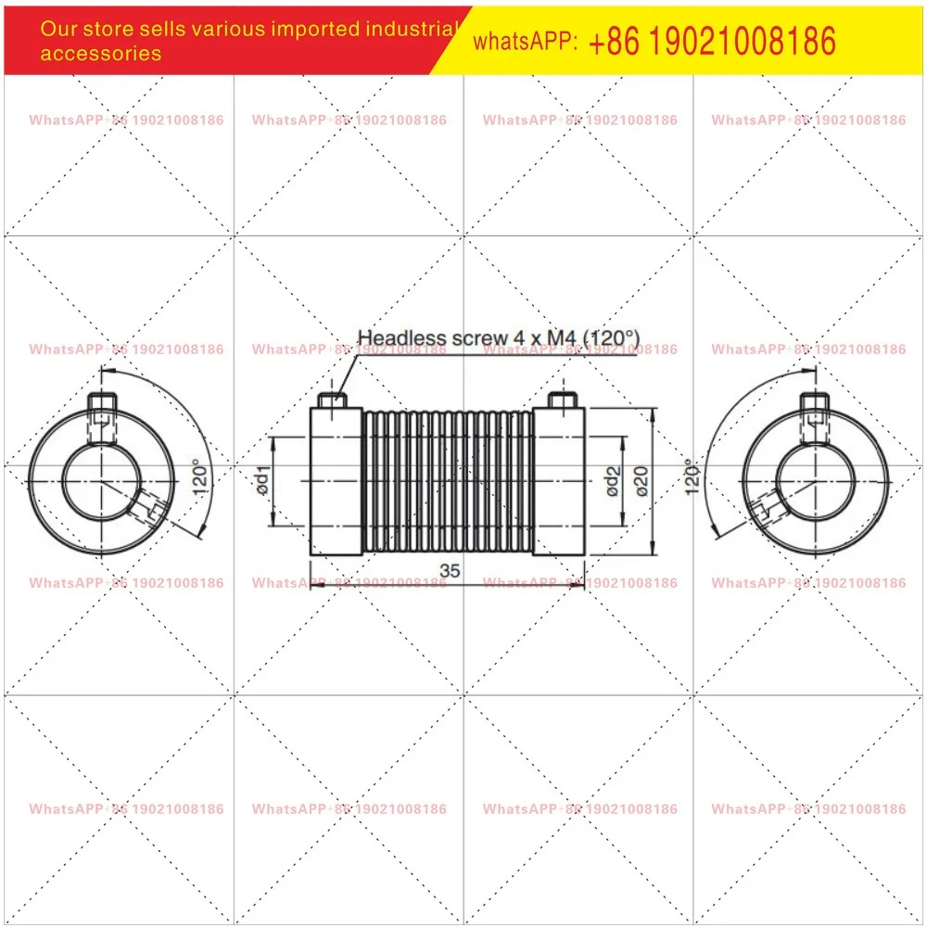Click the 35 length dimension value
(450, 570)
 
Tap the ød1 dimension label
(262, 480)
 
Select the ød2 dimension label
(613, 481)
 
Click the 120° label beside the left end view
(201, 477)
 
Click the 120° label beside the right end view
(692, 477)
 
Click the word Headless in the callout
(402, 337)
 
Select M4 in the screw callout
(562, 337)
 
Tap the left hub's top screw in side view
(332, 400)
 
